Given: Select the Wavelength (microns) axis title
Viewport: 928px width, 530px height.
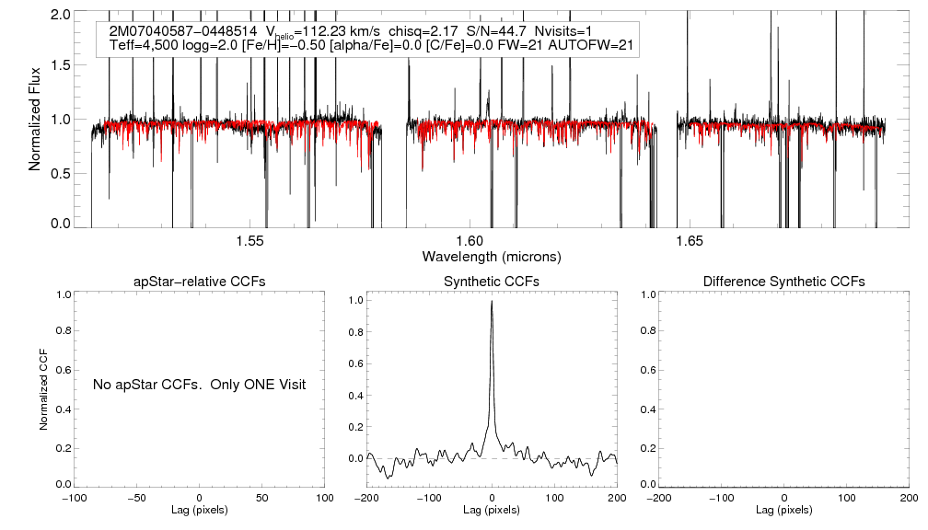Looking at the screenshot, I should [492, 255].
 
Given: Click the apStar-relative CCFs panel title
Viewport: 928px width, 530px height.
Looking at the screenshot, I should [200, 281].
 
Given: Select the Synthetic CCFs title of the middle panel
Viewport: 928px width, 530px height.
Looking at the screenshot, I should [492, 281].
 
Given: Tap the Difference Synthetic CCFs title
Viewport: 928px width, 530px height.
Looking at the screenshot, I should [783, 281].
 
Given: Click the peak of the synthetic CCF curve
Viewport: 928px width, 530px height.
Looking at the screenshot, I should [493, 301].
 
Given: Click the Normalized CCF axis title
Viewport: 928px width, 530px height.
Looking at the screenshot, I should [43, 388].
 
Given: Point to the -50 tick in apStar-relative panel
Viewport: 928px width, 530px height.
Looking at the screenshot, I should [137, 497].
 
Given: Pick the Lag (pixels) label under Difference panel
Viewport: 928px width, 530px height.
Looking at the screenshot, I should [783, 509].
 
